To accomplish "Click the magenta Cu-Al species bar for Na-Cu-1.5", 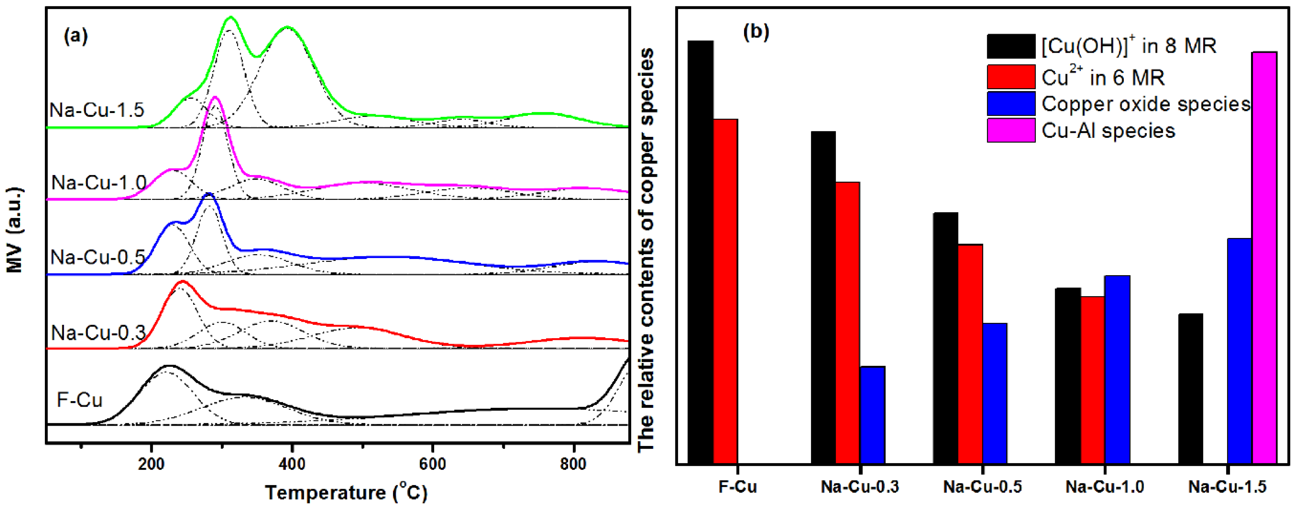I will (x=1264, y=257).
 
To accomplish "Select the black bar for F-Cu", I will (x=700, y=251).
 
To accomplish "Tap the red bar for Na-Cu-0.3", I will (x=847, y=322).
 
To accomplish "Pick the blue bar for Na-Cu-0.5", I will (x=995, y=392).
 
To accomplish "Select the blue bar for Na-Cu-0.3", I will (x=872, y=414).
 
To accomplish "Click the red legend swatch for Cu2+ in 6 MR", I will (x=1011, y=77).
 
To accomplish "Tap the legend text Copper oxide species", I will (x=1146, y=104).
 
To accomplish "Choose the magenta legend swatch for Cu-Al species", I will (x=1011, y=130).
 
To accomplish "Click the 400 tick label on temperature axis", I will (x=291, y=464).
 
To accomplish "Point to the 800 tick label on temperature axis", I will (x=573, y=464).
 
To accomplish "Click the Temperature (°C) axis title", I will (x=346, y=492).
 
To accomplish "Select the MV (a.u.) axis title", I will (x=15, y=230).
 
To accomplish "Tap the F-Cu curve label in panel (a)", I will (x=80, y=400).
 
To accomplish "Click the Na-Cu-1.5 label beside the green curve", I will (x=97, y=110).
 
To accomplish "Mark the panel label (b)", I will (x=756, y=32).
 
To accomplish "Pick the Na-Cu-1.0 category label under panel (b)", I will (x=1105, y=487).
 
